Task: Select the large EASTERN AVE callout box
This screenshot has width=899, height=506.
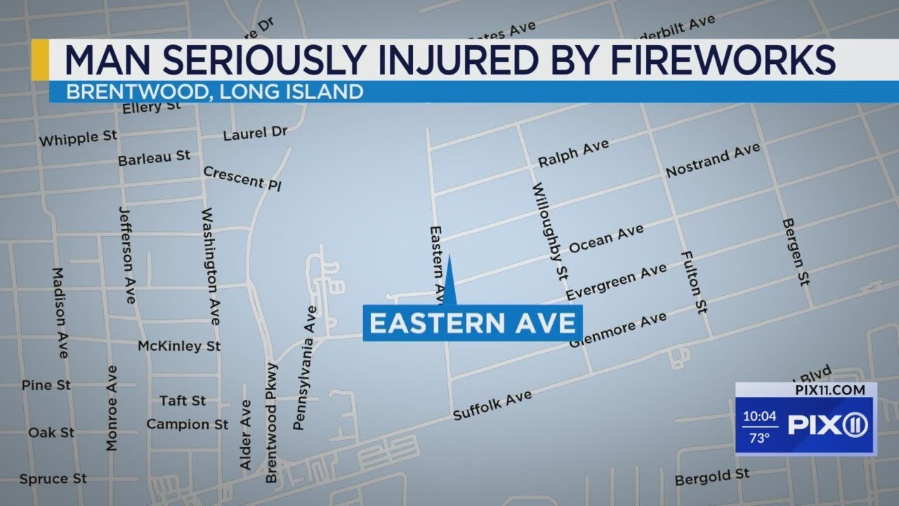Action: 473,323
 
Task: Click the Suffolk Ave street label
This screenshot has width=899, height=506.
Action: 492,406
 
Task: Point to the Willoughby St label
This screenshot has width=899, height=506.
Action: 550,228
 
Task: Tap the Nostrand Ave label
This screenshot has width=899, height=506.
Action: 712,160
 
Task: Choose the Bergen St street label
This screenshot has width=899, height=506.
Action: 795,252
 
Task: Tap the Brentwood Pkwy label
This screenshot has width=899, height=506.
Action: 272,423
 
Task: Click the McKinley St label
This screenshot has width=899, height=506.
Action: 179,346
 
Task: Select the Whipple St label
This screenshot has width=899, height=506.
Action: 78,138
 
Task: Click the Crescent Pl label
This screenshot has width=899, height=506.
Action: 242,179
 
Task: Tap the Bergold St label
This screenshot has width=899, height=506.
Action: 712,478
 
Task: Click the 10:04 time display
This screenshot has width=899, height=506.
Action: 759,416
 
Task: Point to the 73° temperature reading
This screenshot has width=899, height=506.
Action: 759,438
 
